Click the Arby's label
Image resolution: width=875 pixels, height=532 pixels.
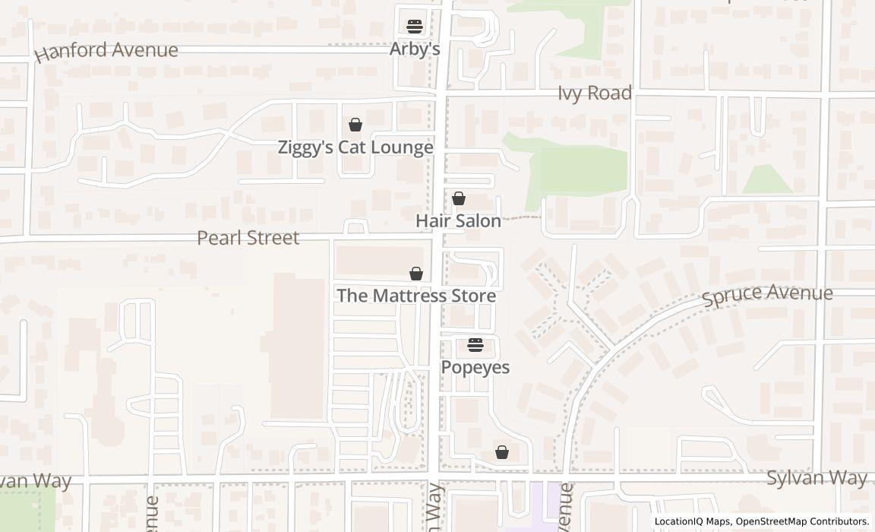coord(415,49)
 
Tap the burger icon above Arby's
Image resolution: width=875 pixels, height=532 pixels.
coord(414,27)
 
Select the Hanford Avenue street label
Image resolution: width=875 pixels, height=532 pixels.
coord(106,52)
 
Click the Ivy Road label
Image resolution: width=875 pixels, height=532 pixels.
coord(594,93)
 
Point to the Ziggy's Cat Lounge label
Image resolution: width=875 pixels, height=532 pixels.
coord(355,147)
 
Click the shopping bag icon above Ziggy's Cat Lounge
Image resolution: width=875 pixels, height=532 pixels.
coord(355,125)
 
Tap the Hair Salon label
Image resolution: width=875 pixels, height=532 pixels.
coord(458,221)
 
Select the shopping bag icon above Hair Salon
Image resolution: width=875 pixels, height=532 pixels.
coord(458,198)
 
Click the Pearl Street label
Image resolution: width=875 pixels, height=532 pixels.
coord(248,238)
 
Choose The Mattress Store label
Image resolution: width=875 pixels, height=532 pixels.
coord(416,296)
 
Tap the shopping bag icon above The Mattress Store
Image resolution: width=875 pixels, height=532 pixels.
coord(415,274)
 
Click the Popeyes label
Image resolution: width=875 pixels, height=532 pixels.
coord(475,368)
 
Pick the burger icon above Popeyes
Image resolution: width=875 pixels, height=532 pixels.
coord(475,345)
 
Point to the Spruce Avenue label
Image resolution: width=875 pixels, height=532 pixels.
coord(766,295)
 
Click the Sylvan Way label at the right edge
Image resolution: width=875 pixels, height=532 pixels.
coord(816,478)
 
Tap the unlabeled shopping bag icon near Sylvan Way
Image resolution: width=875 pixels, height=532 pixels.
coord(501,452)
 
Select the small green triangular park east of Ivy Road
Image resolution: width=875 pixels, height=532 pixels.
coord(767,181)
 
